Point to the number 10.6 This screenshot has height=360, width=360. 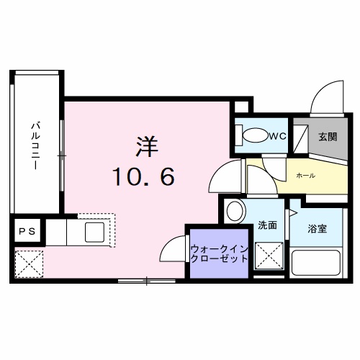143,176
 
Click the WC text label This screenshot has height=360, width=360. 278,135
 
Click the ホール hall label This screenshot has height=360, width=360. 305,175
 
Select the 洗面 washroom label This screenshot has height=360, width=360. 268,225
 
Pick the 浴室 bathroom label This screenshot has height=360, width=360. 318,229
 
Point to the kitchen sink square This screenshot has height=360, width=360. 94,233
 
